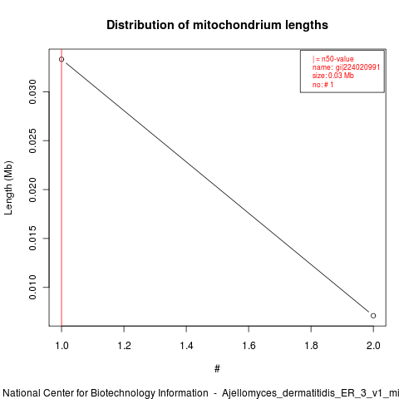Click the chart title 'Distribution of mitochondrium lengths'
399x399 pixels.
pos(217,25)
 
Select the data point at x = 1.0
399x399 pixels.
pos(62,59)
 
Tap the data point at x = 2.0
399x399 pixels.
pos(373,316)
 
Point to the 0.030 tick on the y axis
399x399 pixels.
pos(32,91)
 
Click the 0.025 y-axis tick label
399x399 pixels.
pos(32,140)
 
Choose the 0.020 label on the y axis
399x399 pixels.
pos(32,190)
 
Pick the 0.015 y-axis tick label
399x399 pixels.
pos(32,239)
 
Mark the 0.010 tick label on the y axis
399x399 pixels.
pos(32,288)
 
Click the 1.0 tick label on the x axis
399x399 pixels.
pos(62,346)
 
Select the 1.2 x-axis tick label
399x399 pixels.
pos(124,346)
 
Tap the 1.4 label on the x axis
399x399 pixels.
pos(186,346)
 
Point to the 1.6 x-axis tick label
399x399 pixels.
pos(249,346)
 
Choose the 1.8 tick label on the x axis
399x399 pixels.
pos(311,346)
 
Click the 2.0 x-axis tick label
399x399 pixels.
pos(373,346)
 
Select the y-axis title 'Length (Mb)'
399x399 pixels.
pos(8,188)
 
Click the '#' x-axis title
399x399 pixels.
pos(217,369)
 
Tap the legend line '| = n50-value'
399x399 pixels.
pos(333,59)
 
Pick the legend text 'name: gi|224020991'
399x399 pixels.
pos(346,67)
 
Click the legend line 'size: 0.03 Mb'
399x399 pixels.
pos(333,76)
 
